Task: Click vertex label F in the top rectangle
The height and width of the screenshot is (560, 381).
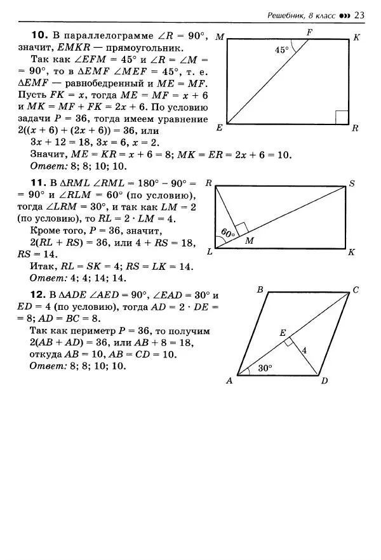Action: click(x=309, y=31)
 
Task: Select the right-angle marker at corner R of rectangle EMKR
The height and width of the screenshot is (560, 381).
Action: click(x=342, y=117)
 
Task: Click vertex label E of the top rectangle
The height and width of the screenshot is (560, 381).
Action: click(x=220, y=128)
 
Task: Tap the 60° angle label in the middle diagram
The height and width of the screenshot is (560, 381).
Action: click(x=227, y=233)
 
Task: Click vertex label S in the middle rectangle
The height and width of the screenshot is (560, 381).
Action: click(x=351, y=184)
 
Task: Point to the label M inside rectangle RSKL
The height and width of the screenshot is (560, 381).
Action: click(x=249, y=241)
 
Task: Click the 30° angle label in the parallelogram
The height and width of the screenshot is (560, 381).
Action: click(x=266, y=367)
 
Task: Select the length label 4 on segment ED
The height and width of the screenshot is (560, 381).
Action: click(x=304, y=350)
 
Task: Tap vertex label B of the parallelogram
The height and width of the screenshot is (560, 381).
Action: click(x=260, y=290)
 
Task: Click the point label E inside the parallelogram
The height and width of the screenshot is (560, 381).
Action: click(x=283, y=332)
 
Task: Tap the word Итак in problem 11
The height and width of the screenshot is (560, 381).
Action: click(x=42, y=267)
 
